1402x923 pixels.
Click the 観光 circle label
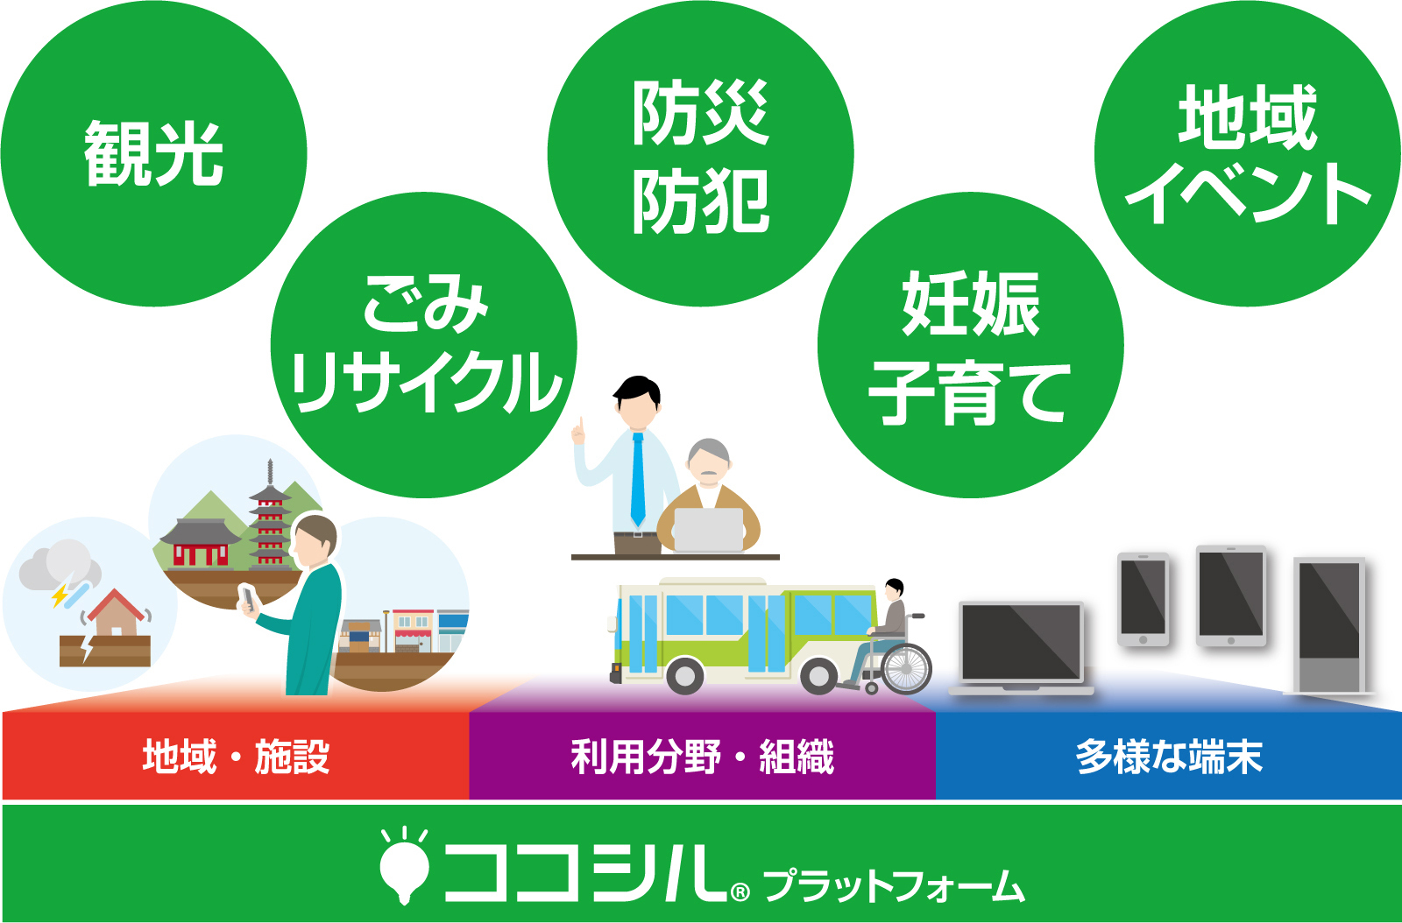(154, 154)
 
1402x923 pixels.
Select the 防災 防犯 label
(700, 157)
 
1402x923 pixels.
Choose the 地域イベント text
(1248, 154)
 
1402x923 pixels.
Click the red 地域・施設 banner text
(236, 757)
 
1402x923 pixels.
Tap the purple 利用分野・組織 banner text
(702, 757)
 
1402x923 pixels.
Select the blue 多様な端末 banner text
(1169, 757)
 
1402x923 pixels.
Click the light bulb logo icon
(404, 865)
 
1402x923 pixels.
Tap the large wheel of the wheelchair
(907, 668)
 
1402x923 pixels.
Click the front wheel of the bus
(684, 676)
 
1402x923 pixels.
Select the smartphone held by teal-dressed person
(249, 598)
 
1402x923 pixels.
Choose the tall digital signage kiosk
(1330, 625)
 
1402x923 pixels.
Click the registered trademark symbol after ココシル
(740, 891)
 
